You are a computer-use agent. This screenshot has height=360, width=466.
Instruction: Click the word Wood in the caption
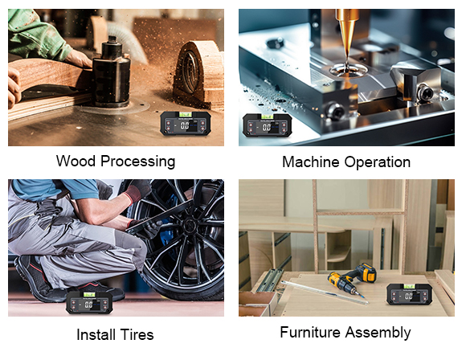[x=76, y=162]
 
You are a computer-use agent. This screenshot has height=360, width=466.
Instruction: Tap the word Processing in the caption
[x=138, y=162]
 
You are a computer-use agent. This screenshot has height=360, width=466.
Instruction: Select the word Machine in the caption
[x=311, y=162]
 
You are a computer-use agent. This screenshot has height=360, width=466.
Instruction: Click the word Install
[x=96, y=334]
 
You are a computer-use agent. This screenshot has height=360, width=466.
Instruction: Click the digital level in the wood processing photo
[x=186, y=124]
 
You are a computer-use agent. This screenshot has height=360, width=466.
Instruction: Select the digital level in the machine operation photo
[x=268, y=125]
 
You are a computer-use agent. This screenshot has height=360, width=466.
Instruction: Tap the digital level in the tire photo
[x=89, y=302]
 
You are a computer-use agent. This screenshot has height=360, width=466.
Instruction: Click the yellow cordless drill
[x=352, y=279]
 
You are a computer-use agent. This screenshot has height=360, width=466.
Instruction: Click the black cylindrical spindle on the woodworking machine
[x=111, y=73]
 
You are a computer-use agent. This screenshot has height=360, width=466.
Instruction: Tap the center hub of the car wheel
[x=188, y=228]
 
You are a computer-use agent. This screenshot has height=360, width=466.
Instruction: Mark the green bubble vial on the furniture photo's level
[x=409, y=285]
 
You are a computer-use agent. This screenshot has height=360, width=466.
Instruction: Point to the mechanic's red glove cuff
[x=133, y=194]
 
